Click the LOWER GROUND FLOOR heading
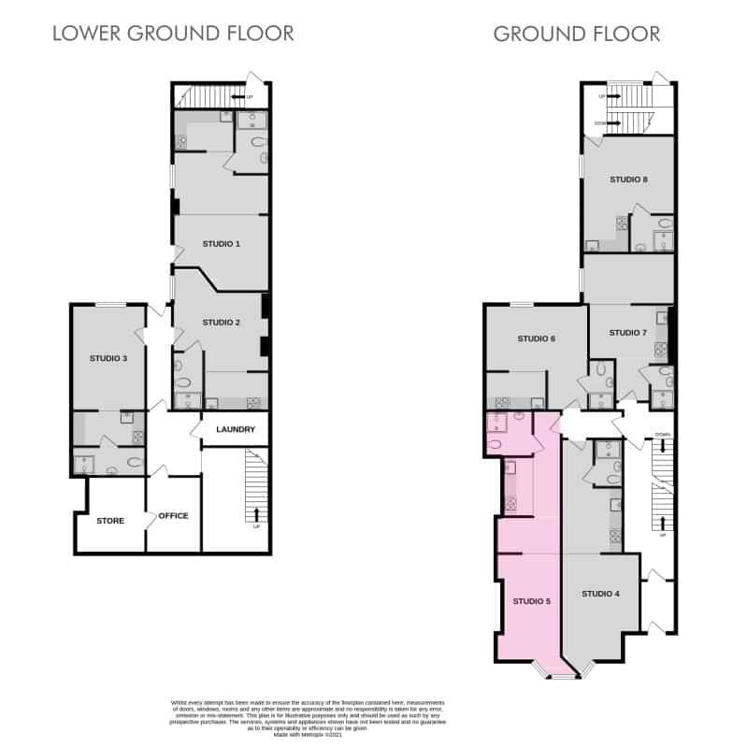click(x=173, y=34)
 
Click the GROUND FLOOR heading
click(x=576, y=34)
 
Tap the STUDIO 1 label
click(x=222, y=244)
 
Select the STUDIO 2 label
click(x=222, y=323)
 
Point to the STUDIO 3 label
click(x=108, y=357)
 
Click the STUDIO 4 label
click(x=600, y=594)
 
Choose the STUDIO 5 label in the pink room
click(x=532, y=601)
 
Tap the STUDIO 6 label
click(x=537, y=338)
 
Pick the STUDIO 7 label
click(x=627, y=333)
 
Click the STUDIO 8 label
click(x=628, y=179)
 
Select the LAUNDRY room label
click(x=236, y=430)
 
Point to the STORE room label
click(x=110, y=520)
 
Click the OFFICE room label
click(x=173, y=515)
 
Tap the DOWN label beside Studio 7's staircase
click(x=662, y=435)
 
